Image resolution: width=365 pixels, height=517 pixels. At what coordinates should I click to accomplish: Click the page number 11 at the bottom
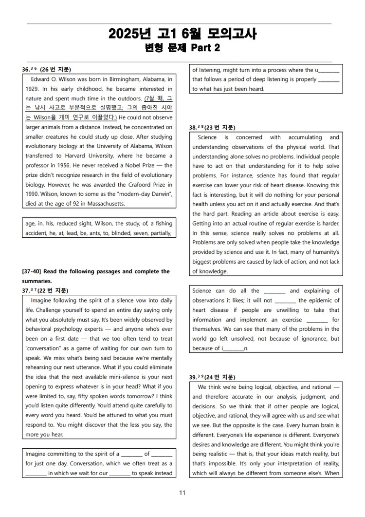tap(182, 493)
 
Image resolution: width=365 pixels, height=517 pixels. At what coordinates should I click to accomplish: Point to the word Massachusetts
tap(104, 203)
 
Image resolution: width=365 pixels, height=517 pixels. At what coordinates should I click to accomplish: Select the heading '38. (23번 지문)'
tap(212, 128)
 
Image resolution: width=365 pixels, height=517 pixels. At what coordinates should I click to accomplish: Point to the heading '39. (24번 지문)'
tap(212, 377)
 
